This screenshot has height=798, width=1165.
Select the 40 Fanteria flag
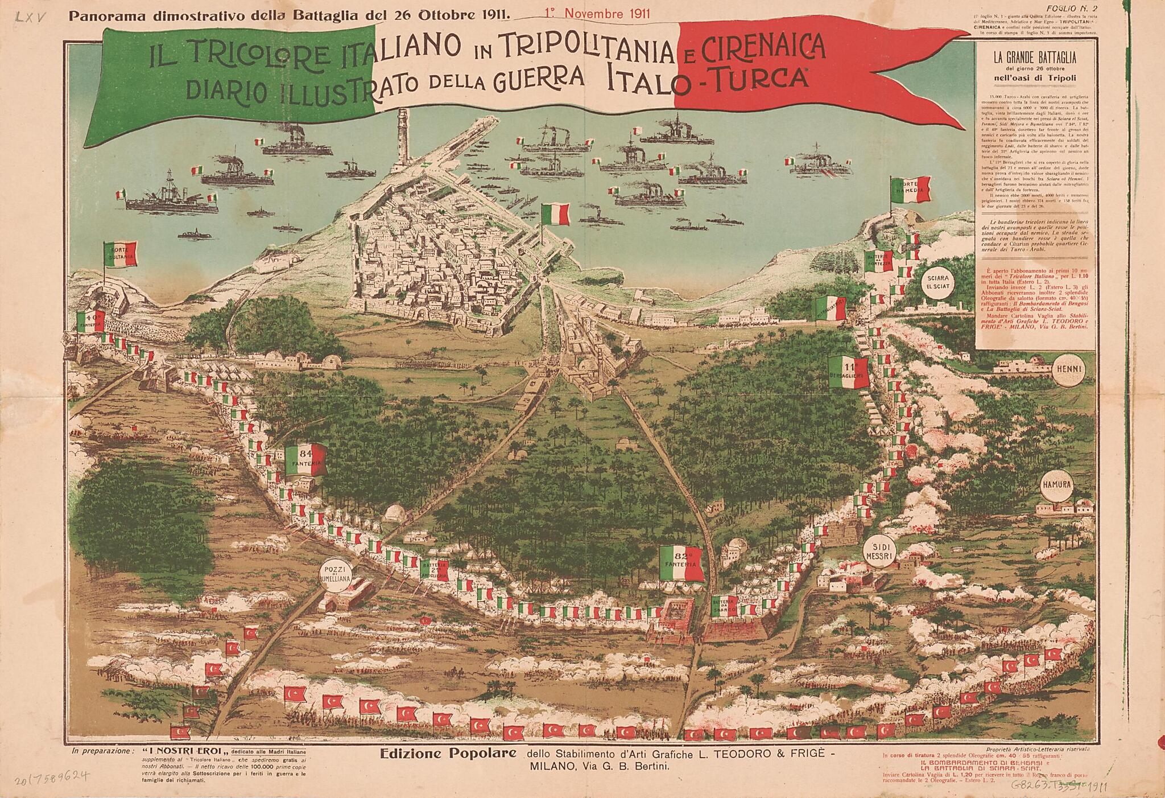93,323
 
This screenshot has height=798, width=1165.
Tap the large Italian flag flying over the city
555,215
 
